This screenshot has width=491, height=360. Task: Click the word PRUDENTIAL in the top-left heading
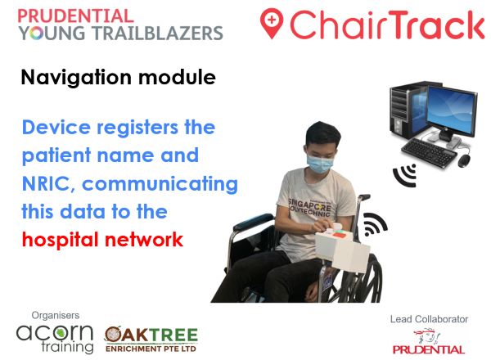pos(75,16)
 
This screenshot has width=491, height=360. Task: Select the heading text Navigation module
pos(118,79)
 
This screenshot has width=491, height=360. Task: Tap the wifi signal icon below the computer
pos(405,174)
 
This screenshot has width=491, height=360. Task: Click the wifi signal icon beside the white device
pos(376,225)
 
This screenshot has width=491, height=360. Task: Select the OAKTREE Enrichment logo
pos(151,336)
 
